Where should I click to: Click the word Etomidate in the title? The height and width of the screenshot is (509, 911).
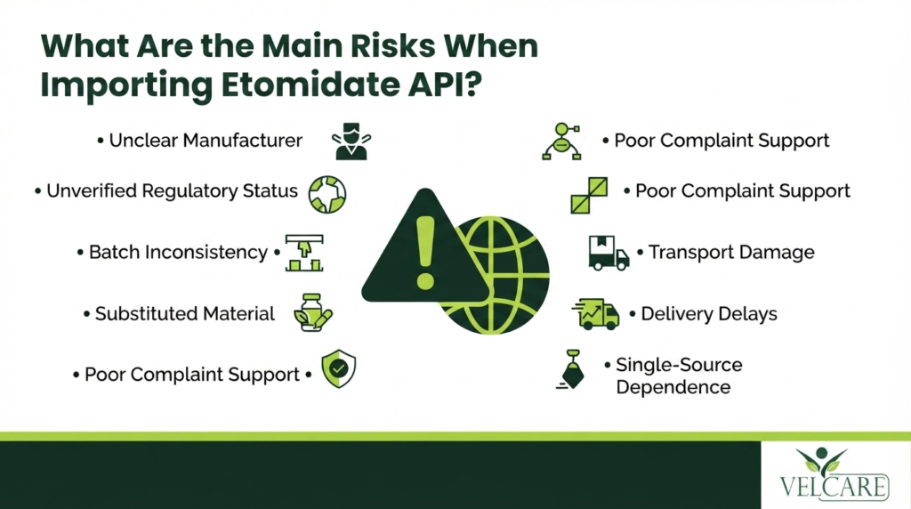point(310,85)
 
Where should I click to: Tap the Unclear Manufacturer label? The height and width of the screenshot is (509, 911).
point(206,141)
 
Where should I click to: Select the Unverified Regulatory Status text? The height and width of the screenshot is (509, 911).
point(172,191)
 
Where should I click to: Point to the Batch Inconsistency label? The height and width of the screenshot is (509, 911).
point(178,252)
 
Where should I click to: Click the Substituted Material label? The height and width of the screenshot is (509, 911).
point(185,314)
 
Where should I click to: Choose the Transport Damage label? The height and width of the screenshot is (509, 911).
point(731,252)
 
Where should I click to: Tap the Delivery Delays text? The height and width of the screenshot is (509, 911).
point(709,314)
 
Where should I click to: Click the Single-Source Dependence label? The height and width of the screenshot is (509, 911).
point(679,376)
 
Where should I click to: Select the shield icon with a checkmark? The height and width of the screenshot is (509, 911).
point(339,368)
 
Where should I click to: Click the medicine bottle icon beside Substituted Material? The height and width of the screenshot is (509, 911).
point(312,312)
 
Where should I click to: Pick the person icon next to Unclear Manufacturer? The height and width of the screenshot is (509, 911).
point(351,141)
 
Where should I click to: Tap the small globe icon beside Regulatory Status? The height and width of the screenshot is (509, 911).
point(327,194)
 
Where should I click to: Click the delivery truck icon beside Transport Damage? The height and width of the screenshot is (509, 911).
point(609,253)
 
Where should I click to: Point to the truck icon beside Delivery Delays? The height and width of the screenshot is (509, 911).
point(595,314)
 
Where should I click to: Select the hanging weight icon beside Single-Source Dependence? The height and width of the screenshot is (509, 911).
point(572,369)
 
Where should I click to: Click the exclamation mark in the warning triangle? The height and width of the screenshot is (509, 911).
point(425,253)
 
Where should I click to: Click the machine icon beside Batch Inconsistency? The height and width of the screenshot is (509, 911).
point(304,253)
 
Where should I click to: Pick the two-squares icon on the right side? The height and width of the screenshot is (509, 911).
point(589,195)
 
